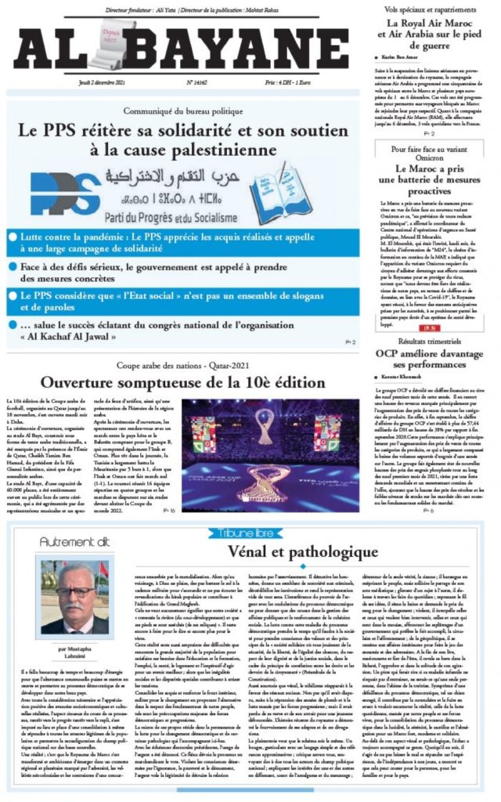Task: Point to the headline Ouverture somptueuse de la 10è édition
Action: pos(182,383)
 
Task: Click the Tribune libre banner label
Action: pos(248,533)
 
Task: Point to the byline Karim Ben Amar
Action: pos(402,59)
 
